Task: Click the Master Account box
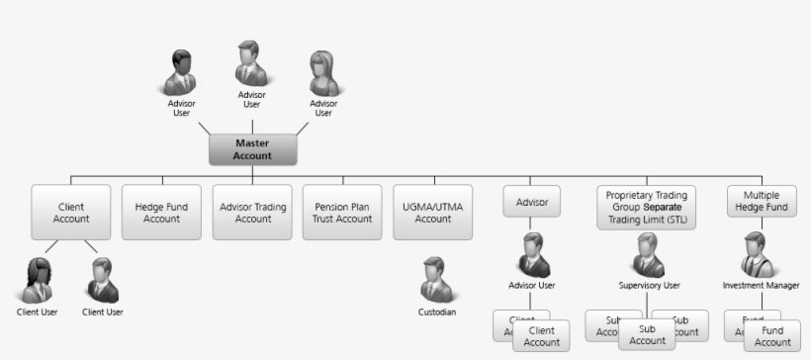pyautogui.click(x=252, y=149)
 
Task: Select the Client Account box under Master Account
pyautogui.click(x=70, y=212)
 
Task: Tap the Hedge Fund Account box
pyautogui.click(x=161, y=212)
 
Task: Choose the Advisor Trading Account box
pyautogui.click(x=252, y=212)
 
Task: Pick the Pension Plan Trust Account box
pyautogui.click(x=342, y=212)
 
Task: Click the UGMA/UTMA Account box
pyautogui.click(x=433, y=212)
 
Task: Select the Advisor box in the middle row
pyautogui.click(x=531, y=203)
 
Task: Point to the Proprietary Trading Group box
pyautogui.click(x=647, y=208)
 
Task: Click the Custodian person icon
pyautogui.click(x=436, y=279)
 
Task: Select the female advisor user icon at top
pyautogui.click(x=322, y=73)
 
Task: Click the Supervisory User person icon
pyautogui.click(x=649, y=256)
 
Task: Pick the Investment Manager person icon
pyautogui.click(x=756, y=256)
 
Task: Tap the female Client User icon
pyautogui.click(x=38, y=281)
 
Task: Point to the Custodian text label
pyautogui.click(x=436, y=313)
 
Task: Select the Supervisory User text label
pyautogui.click(x=649, y=286)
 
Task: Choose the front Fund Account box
pyautogui.click(x=772, y=336)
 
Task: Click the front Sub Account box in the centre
pyautogui.click(x=648, y=335)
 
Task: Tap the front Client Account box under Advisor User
pyautogui.click(x=541, y=336)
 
